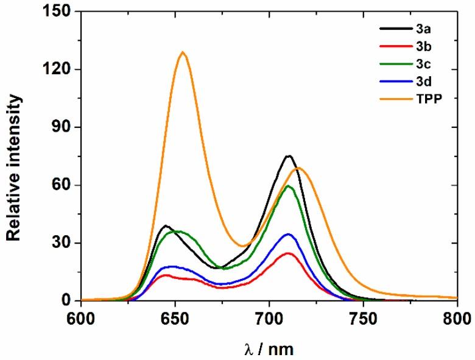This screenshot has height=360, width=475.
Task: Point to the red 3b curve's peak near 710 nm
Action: (x=288, y=253)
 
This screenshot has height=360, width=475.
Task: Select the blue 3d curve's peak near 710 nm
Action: (x=288, y=235)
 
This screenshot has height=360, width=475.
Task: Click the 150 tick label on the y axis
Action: (x=60, y=12)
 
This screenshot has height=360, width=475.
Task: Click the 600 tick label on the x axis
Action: (x=81, y=318)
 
